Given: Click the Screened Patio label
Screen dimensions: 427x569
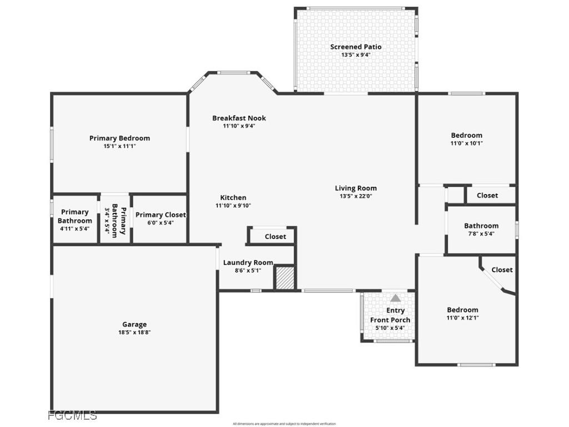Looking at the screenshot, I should pyautogui.click(x=356, y=47).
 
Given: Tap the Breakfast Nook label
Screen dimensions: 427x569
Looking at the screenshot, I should pyautogui.click(x=239, y=118).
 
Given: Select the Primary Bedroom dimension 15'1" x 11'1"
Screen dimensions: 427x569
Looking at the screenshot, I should pyautogui.click(x=119, y=146).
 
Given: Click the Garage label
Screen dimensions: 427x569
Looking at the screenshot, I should pyautogui.click(x=134, y=324).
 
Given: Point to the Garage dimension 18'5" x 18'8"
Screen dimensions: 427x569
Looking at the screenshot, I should pyautogui.click(x=134, y=332).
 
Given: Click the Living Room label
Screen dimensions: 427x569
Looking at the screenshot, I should pyautogui.click(x=356, y=188).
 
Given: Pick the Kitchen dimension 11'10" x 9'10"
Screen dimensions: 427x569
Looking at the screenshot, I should pyautogui.click(x=233, y=206).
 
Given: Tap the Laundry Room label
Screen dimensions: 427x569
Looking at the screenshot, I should pyautogui.click(x=248, y=262).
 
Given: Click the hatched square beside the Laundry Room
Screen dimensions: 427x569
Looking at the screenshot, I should pyautogui.click(x=284, y=277).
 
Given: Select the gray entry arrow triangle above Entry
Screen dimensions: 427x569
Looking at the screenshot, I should pyautogui.click(x=395, y=298).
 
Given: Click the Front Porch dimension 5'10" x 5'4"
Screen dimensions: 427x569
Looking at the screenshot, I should pyautogui.click(x=390, y=328).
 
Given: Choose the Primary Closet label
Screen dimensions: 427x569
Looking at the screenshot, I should pyautogui.click(x=161, y=215).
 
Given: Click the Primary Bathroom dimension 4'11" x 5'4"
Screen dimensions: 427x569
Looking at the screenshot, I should pyautogui.click(x=74, y=229).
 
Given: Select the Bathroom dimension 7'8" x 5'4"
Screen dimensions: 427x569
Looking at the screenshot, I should pyautogui.click(x=481, y=234).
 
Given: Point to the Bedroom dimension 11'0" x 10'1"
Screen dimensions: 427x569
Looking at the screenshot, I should pyautogui.click(x=466, y=143).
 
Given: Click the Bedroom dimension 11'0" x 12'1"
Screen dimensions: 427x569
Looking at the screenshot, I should pyautogui.click(x=462, y=318).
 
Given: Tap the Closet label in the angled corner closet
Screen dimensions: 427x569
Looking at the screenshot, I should pyautogui.click(x=502, y=270).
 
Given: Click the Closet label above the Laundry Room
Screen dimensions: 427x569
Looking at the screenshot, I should pyautogui.click(x=275, y=236).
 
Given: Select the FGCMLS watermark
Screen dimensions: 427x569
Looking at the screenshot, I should pyautogui.click(x=72, y=415).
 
